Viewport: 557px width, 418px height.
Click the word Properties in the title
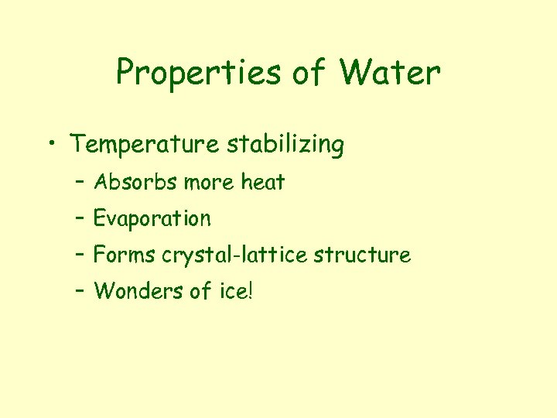coord(197,74)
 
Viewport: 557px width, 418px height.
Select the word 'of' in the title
coord(309,74)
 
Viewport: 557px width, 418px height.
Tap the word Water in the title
coord(391,74)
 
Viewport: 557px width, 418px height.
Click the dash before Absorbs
coord(80,182)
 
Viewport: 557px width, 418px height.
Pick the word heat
coord(263,183)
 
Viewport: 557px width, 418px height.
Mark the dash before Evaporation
coord(80,218)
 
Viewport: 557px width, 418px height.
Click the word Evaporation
coord(152,219)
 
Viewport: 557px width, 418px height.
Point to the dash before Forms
coord(80,254)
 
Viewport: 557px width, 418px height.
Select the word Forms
coord(125,255)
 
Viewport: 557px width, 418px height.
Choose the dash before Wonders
coord(80,290)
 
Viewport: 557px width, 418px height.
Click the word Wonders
coord(139,291)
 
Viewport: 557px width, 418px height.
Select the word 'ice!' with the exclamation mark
coord(234,291)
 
